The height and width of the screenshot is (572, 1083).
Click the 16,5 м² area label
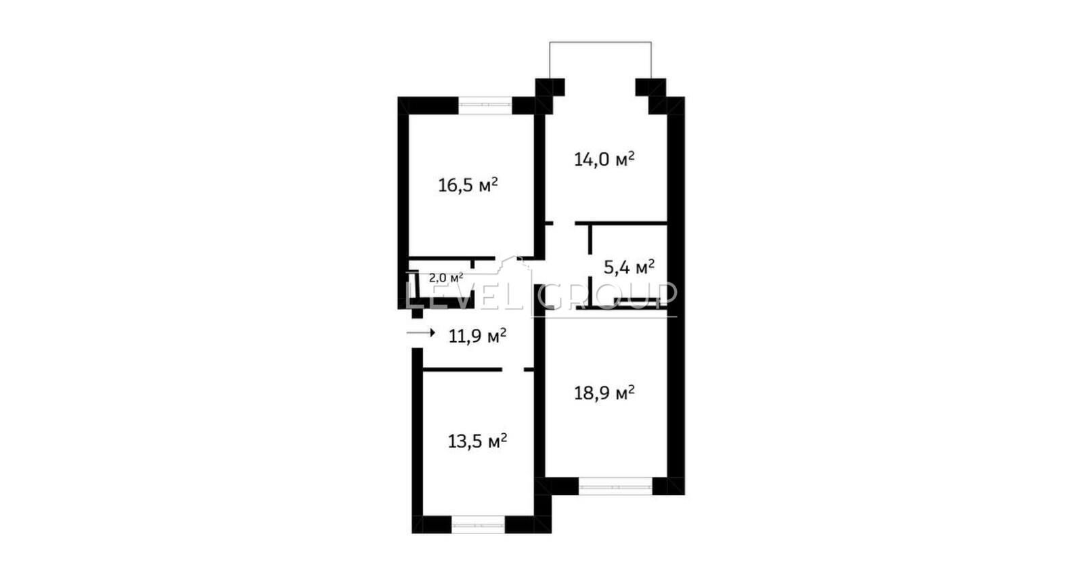click(468, 185)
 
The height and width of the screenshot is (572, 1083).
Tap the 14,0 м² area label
click(604, 159)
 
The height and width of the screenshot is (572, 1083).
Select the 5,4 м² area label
click(629, 267)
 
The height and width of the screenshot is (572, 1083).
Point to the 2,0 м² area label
click(446, 278)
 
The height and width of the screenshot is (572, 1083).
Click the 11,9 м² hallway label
click(478, 336)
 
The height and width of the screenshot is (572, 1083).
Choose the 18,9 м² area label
click(604, 393)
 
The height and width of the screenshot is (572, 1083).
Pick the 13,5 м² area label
click(478, 441)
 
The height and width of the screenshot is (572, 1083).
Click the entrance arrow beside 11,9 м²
click(420, 332)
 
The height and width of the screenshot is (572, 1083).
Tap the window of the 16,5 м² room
click(485, 106)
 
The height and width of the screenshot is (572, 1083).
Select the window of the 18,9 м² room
click(615, 486)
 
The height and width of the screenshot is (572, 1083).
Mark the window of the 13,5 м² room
click(478, 525)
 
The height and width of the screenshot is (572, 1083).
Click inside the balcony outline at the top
click(600, 60)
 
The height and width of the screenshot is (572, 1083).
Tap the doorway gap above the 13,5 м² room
click(513, 370)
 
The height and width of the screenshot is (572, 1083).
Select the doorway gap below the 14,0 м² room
click(564, 223)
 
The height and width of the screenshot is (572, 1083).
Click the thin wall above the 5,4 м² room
click(621, 223)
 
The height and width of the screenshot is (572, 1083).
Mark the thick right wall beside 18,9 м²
click(676, 295)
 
